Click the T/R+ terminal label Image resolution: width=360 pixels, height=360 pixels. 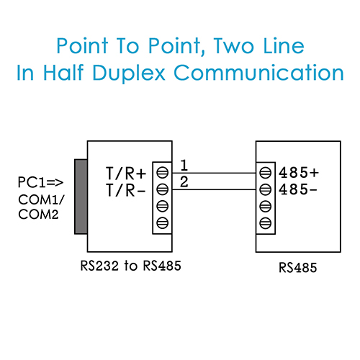pos(126,174)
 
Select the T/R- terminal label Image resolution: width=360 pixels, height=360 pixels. pos(126,190)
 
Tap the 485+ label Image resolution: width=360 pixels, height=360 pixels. pos(299,173)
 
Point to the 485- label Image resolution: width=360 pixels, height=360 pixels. pos(298,189)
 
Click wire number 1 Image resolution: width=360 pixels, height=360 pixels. pos(184,166)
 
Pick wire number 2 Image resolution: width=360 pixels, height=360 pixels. pos(184,181)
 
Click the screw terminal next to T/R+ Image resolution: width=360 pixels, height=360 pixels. pos(163,173)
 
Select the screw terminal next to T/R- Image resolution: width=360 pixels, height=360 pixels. pos(163,189)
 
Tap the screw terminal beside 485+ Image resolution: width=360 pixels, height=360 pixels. pos(266,173)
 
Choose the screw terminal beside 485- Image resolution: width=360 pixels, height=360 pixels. pos(266,189)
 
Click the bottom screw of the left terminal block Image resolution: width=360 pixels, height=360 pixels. pos(163,223)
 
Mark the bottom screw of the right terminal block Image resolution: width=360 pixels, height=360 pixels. pos(266,223)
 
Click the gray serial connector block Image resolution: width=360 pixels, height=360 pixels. pos(81,197)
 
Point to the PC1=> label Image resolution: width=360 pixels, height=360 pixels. pos(40,182)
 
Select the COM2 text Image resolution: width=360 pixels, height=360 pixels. pos(38,215)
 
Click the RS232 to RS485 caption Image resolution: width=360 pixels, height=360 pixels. pos(130,266)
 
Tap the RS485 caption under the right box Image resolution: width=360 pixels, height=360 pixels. pos(298,267)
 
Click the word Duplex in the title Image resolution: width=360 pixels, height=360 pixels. pos(129,73)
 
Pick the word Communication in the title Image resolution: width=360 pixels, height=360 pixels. pos(258,73)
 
